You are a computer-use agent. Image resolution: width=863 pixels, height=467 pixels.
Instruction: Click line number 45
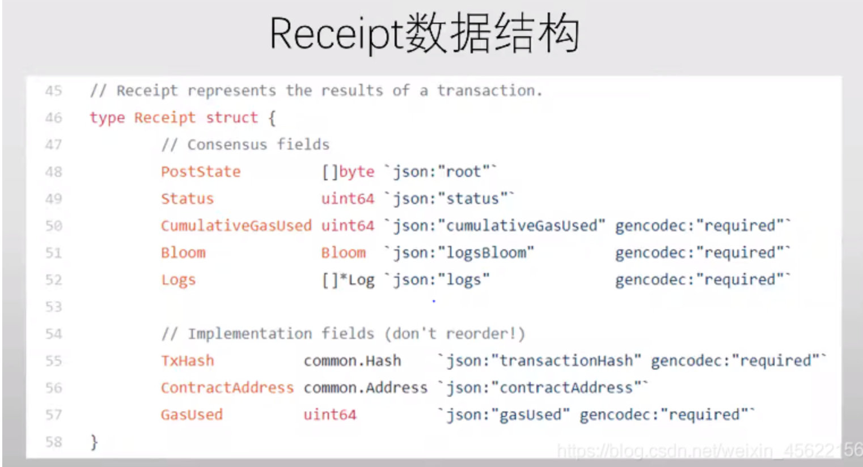click(x=53, y=91)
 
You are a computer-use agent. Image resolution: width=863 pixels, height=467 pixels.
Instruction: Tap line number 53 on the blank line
click(x=53, y=307)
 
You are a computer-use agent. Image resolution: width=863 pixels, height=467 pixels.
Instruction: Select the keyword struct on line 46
click(x=231, y=118)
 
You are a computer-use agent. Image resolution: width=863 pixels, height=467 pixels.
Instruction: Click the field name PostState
click(x=201, y=172)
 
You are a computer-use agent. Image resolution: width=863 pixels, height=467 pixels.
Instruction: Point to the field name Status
click(x=187, y=199)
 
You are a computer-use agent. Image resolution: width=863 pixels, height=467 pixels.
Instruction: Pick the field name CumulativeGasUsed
click(x=236, y=226)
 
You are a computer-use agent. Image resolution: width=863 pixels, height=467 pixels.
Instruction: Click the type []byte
click(x=348, y=172)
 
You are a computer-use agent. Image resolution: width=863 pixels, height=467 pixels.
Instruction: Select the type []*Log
click(x=348, y=280)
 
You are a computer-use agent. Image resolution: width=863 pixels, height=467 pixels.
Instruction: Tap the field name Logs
click(x=178, y=280)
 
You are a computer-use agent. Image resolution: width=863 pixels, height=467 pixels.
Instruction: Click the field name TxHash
click(x=187, y=361)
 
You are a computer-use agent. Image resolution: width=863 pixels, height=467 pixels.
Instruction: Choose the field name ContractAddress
click(x=227, y=388)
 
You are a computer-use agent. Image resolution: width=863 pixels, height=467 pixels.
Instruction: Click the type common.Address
click(x=365, y=388)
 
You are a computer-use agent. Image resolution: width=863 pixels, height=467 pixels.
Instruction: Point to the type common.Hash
click(x=352, y=361)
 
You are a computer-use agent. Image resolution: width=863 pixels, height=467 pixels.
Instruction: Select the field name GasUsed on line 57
click(x=192, y=415)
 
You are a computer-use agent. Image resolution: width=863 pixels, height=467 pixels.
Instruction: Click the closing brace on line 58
click(x=94, y=441)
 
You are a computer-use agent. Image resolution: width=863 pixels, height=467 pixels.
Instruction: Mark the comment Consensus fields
click(x=245, y=145)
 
